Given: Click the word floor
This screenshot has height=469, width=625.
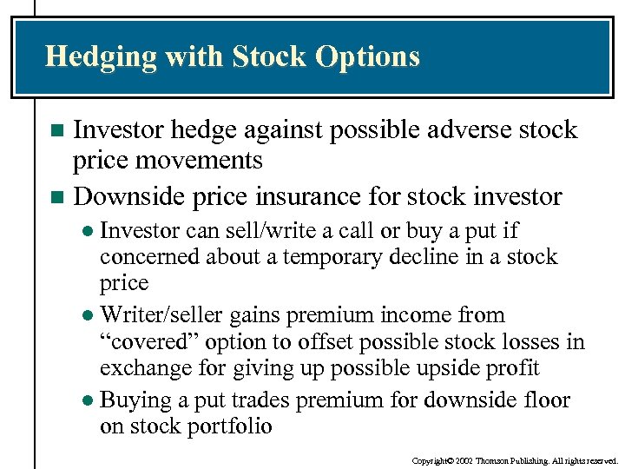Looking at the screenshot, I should tap(545, 400).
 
